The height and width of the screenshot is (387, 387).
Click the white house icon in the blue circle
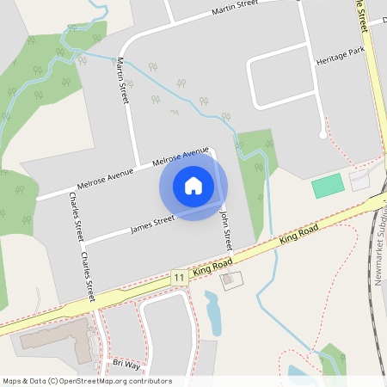(x=193, y=186)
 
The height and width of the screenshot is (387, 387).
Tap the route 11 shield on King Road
(x=178, y=277)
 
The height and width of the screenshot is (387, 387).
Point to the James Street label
(x=152, y=224)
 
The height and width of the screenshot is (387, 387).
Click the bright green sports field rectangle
(x=327, y=186)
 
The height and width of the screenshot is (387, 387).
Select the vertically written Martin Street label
(x=123, y=82)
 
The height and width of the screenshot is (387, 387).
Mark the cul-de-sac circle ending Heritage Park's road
(x=322, y=134)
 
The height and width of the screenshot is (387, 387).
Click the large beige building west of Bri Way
(x=52, y=335)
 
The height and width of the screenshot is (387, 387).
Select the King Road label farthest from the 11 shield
(x=299, y=238)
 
